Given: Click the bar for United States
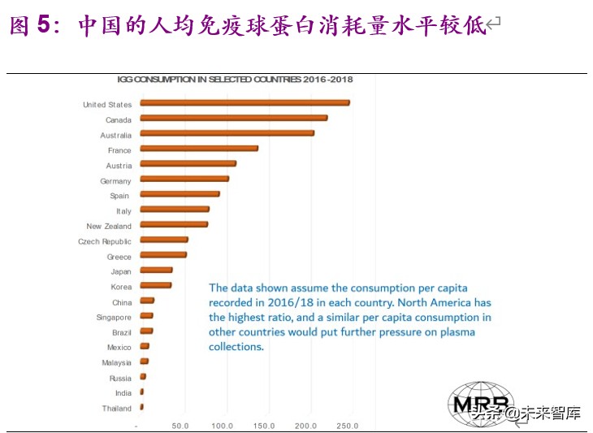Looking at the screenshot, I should [245, 103].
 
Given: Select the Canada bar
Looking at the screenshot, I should [234, 119].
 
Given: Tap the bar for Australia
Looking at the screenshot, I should [227, 133].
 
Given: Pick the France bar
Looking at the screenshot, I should [199, 149].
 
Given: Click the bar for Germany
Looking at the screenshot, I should [184, 179].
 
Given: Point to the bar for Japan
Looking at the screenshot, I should [156, 271].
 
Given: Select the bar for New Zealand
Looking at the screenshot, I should [174, 225].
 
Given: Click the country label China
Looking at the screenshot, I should [121, 302].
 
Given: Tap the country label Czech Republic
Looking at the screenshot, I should [104, 241].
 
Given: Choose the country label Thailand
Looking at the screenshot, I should [116, 409].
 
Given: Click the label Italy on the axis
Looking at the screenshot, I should [123, 211].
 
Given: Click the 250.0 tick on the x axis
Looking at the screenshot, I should [348, 426].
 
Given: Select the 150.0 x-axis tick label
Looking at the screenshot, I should [264, 426].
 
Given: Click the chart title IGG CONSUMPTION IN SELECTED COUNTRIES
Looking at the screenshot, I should [235, 80].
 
